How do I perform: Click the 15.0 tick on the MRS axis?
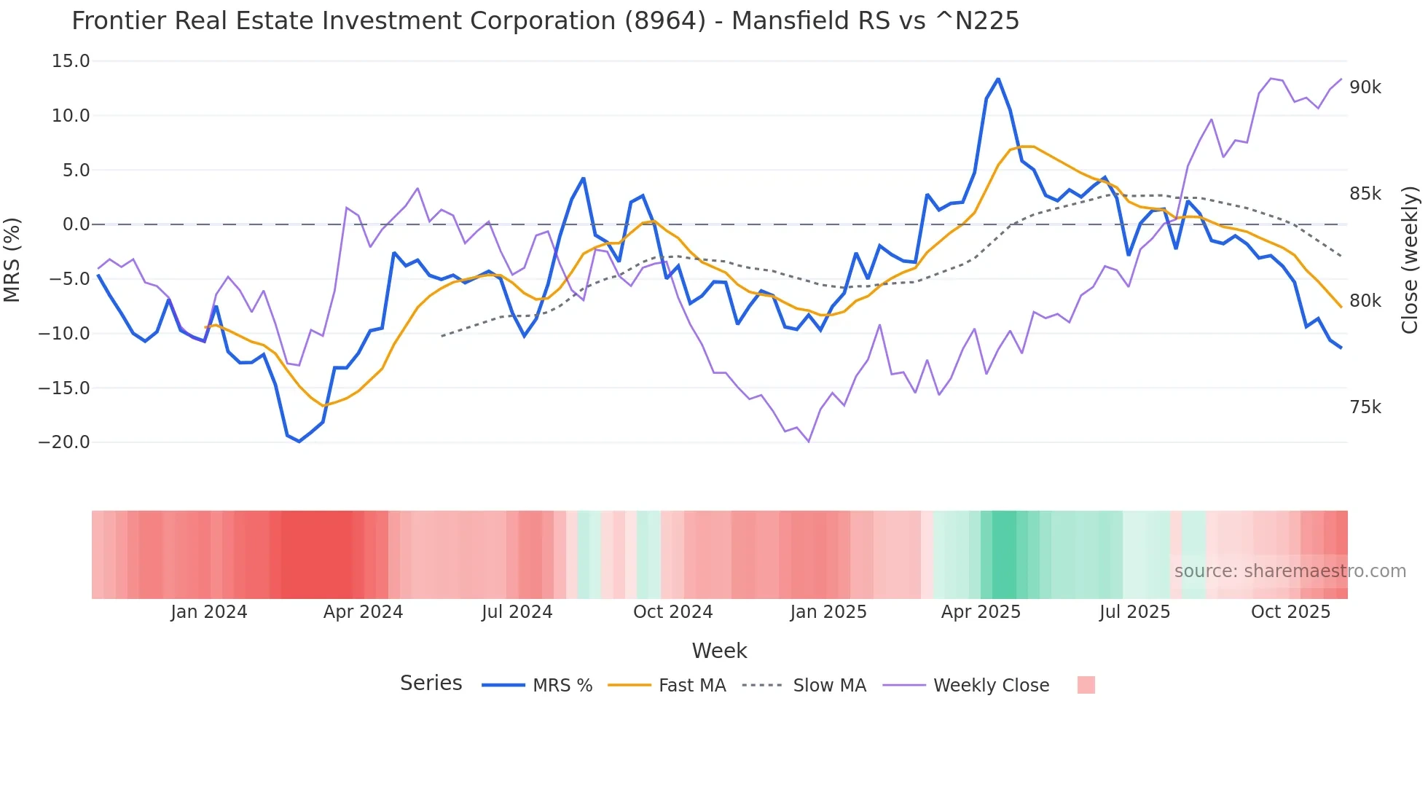[x=70, y=61]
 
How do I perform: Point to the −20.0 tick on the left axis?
[x=64, y=442]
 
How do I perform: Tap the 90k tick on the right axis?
[x=1365, y=87]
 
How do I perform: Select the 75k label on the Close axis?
[x=1365, y=407]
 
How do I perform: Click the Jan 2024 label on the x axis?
[x=209, y=612]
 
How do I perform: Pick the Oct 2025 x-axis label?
[x=1290, y=612]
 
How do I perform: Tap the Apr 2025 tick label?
[x=981, y=612]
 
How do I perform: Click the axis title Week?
[x=719, y=651]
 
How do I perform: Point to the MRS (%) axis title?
[x=12, y=259]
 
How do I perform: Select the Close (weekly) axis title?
[x=1410, y=259]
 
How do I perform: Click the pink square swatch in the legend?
[x=1086, y=685]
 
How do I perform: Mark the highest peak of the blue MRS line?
[x=998, y=79]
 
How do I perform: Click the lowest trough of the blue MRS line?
[x=299, y=441]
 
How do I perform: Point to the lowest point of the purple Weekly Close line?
[x=809, y=442]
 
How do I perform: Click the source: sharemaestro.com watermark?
[x=1290, y=571]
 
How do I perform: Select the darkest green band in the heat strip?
[x=1004, y=555]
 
